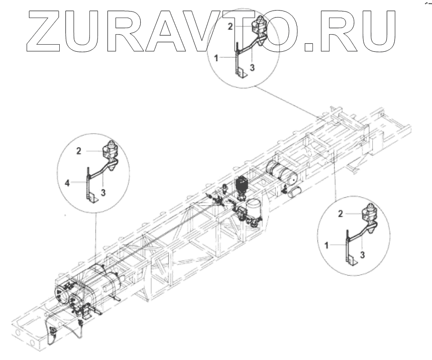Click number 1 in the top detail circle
216,58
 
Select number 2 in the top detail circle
230,26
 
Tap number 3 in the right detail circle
363,255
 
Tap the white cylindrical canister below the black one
253,207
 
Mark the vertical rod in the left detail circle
88,183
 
